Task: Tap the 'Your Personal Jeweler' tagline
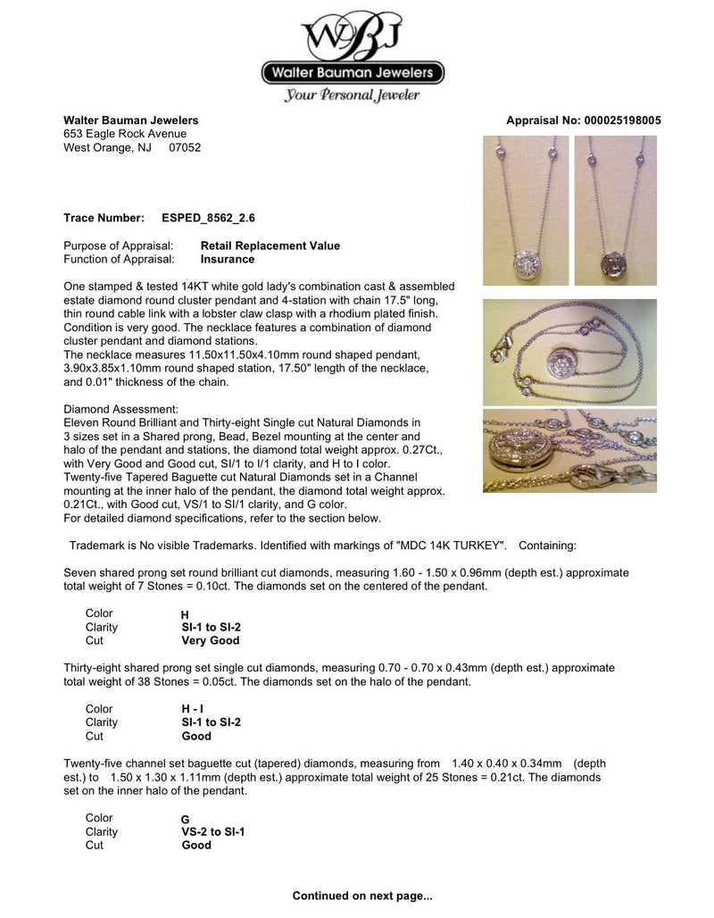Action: pyautogui.click(x=352, y=96)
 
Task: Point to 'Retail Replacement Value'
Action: pyautogui.click(x=270, y=246)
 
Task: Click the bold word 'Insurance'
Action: pyautogui.click(x=227, y=260)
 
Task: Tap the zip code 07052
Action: pyautogui.click(x=185, y=148)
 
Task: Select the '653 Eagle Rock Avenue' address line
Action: pyautogui.click(x=125, y=135)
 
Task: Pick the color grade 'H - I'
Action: pyautogui.click(x=192, y=709)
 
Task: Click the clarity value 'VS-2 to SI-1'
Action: pyautogui.click(x=212, y=831)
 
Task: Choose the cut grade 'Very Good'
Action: pyautogui.click(x=210, y=640)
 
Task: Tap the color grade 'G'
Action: pyautogui.click(x=185, y=819)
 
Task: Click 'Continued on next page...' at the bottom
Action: pyautogui.click(x=362, y=895)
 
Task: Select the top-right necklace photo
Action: pyautogui.click(x=616, y=211)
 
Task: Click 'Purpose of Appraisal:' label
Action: pyautogui.click(x=119, y=246)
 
